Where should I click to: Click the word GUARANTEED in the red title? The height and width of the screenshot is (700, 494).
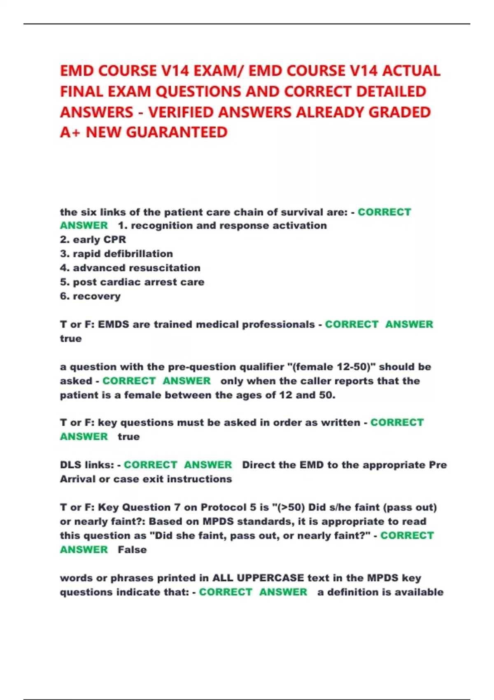(x=177, y=132)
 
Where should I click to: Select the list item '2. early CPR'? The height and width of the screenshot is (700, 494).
(x=93, y=240)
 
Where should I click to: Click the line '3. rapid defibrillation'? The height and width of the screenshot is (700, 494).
(x=117, y=254)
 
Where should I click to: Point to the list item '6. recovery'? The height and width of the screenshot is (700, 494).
(x=90, y=296)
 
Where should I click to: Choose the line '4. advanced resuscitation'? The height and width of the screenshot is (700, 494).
(x=130, y=268)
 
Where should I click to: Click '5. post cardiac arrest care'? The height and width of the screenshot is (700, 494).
(x=132, y=282)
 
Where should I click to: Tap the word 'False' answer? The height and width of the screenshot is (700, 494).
(x=132, y=550)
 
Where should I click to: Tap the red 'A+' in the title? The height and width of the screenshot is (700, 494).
(x=70, y=132)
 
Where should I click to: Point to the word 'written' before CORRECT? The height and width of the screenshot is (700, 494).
(x=340, y=422)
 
